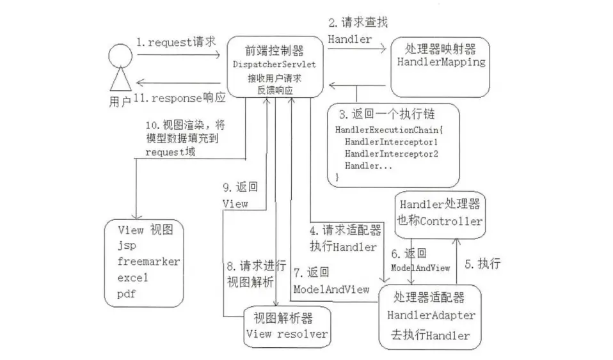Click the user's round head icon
click(120, 55)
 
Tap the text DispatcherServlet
click(274, 65)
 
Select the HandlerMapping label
click(441, 62)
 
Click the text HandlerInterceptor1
click(391, 142)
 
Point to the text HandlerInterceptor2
click(392, 154)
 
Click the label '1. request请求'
click(176, 42)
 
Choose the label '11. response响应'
click(179, 98)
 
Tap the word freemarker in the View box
click(148, 262)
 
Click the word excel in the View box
click(132, 278)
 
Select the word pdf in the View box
click(126, 294)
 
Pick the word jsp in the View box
click(127, 246)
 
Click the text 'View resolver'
click(287, 334)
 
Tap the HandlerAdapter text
click(431, 315)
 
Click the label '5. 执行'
click(482, 264)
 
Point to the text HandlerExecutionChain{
click(389, 130)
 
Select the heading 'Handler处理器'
click(440, 204)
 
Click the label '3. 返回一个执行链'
click(386, 114)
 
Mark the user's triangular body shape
click(120, 79)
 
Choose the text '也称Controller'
click(440, 221)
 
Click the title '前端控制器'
click(275, 51)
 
